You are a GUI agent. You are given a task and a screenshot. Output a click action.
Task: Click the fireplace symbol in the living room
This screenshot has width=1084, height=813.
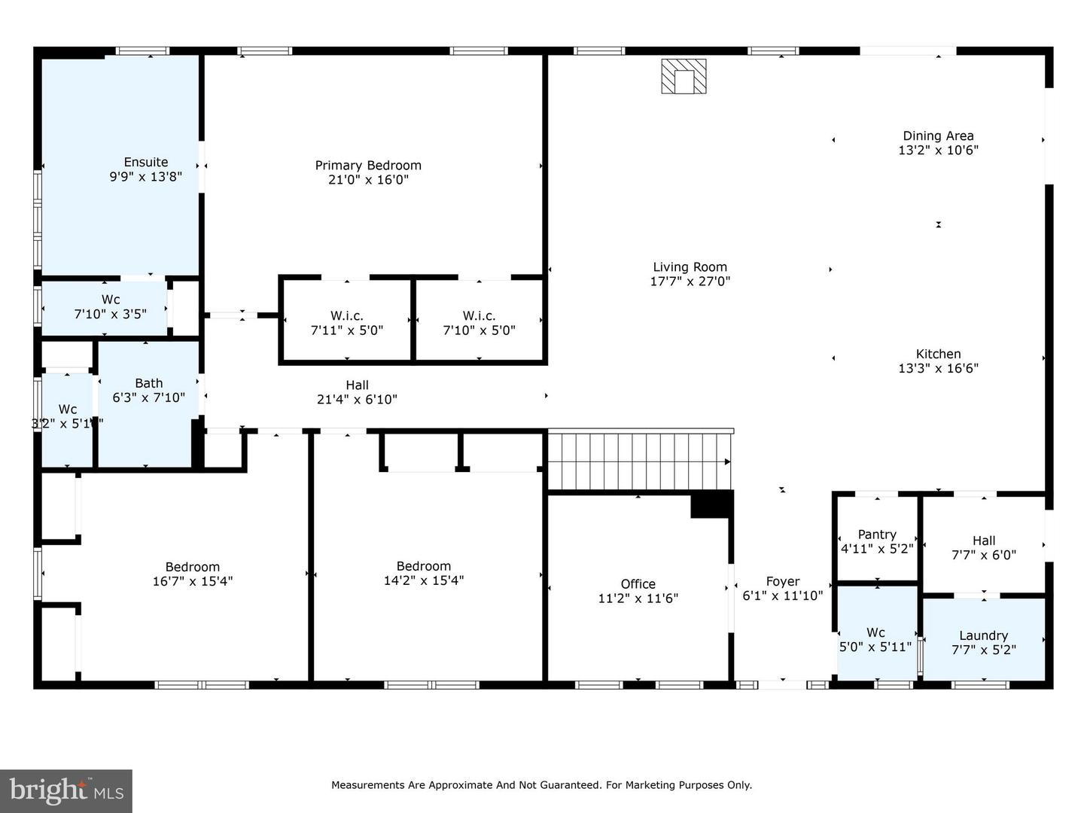tap(684, 76)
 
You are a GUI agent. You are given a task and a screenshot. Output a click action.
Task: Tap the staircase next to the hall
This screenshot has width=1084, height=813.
tap(638, 461)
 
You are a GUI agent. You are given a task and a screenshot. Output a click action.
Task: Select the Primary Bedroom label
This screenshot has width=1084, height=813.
tap(368, 166)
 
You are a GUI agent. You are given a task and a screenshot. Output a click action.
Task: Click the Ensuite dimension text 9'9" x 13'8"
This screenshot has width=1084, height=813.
tap(145, 177)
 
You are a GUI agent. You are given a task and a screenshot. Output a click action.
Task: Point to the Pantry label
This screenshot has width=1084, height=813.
tap(877, 534)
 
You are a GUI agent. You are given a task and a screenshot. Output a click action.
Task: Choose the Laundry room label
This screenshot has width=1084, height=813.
tap(983, 635)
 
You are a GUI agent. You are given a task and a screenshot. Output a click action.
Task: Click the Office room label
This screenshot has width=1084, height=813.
tap(638, 584)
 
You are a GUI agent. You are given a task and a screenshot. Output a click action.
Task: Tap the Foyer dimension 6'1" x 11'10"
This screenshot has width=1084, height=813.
tap(782, 595)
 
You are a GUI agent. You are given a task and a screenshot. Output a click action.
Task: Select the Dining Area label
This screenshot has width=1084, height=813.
tap(938, 136)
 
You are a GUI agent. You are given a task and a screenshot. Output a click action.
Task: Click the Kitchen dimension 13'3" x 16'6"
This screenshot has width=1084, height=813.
tap(938, 368)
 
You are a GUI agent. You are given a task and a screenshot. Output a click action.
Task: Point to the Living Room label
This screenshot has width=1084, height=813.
tap(690, 267)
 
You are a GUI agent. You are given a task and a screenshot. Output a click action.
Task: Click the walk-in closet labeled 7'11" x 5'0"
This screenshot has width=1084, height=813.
tap(347, 323)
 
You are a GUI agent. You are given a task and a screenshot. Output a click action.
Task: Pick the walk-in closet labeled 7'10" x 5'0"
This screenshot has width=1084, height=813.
tap(480, 323)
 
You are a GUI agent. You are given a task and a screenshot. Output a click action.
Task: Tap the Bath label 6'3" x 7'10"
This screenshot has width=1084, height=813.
tap(149, 390)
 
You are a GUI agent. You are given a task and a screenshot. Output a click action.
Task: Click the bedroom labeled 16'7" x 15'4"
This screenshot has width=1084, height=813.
tap(193, 574)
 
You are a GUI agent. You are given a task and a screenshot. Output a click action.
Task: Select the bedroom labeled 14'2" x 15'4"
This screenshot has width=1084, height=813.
tap(424, 573)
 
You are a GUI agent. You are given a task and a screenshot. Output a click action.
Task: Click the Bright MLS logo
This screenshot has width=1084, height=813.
tap(66, 791)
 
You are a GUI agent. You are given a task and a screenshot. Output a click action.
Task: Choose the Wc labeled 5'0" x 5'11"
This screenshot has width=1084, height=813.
tap(875, 639)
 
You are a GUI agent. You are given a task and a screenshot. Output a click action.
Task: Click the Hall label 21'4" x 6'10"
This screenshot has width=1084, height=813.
tap(357, 392)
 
